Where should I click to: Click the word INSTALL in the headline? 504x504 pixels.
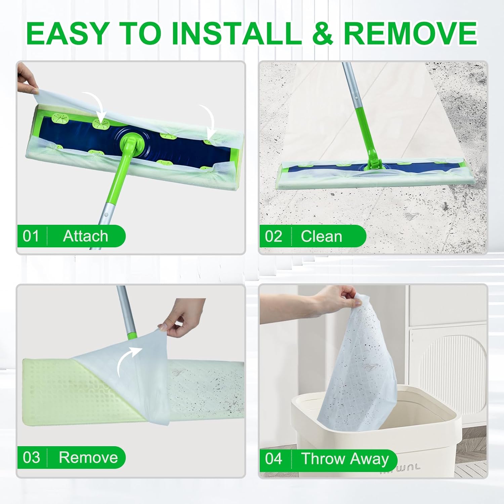pyautogui.click(x=237, y=33)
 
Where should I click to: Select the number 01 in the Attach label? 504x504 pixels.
pyautogui.click(x=31, y=236)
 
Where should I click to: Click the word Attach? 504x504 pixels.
pyautogui.click(x=85, y=236)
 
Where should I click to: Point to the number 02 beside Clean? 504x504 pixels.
pyautogui.click(x=274, y=237)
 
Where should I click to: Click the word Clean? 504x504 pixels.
pyautogui.click(x=322, y=237)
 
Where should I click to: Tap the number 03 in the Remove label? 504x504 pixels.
pyautogui.click(x=31, y=458)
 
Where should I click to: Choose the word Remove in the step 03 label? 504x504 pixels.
pyautogui.click(x=88, y=458)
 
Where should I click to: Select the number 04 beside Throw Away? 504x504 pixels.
pyautogui.click(x=274, y=459)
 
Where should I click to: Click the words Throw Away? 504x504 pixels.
pyautogui.click(x=345, y=459)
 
